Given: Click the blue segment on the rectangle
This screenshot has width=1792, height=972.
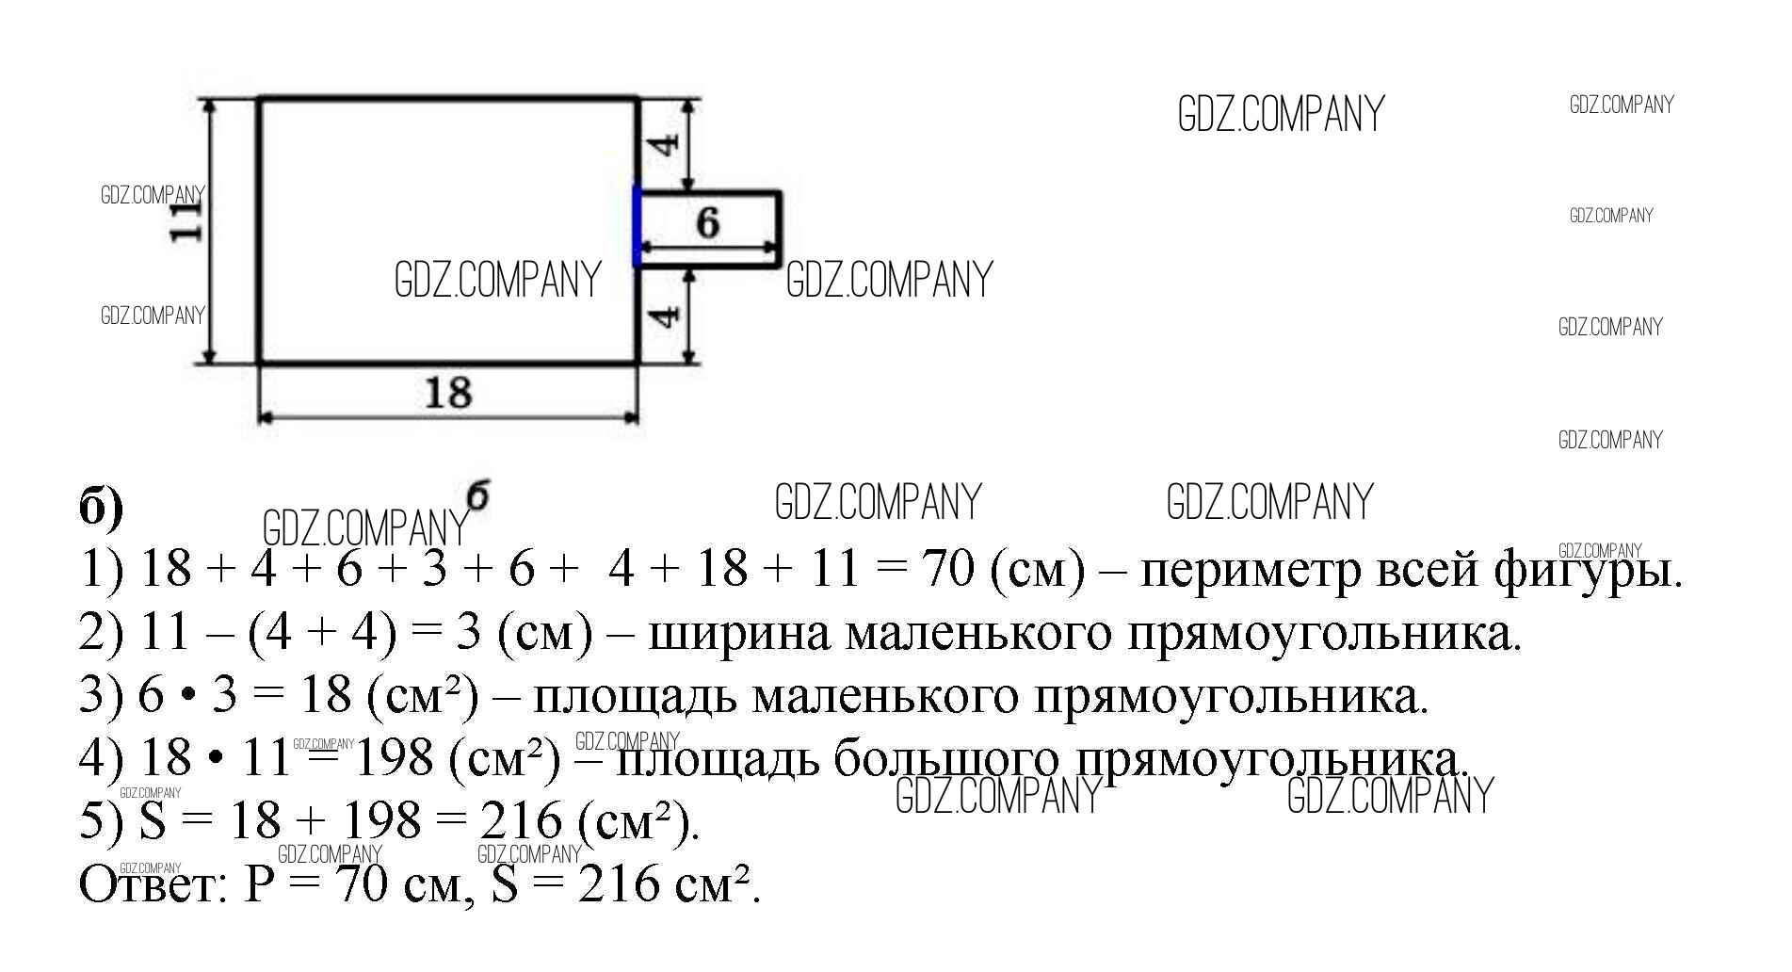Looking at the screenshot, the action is [x=638, y=226].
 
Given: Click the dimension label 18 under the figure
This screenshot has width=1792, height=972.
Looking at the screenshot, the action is [x=447, y=392].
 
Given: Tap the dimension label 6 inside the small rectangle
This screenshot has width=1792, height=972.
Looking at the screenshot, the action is [x=707, y=222].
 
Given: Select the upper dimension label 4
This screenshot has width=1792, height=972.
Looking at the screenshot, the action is [x=666, y=145].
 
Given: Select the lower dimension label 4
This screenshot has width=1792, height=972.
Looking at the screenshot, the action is [x=666, y=315].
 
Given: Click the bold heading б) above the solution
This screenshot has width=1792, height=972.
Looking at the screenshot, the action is [x=101, y=509].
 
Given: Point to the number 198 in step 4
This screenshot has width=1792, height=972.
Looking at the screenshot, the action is [x=393, y=758].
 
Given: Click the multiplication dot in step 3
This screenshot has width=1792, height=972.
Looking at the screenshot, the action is [x=187, y=698].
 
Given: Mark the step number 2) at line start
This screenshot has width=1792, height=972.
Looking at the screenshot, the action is [x=101, y=634].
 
